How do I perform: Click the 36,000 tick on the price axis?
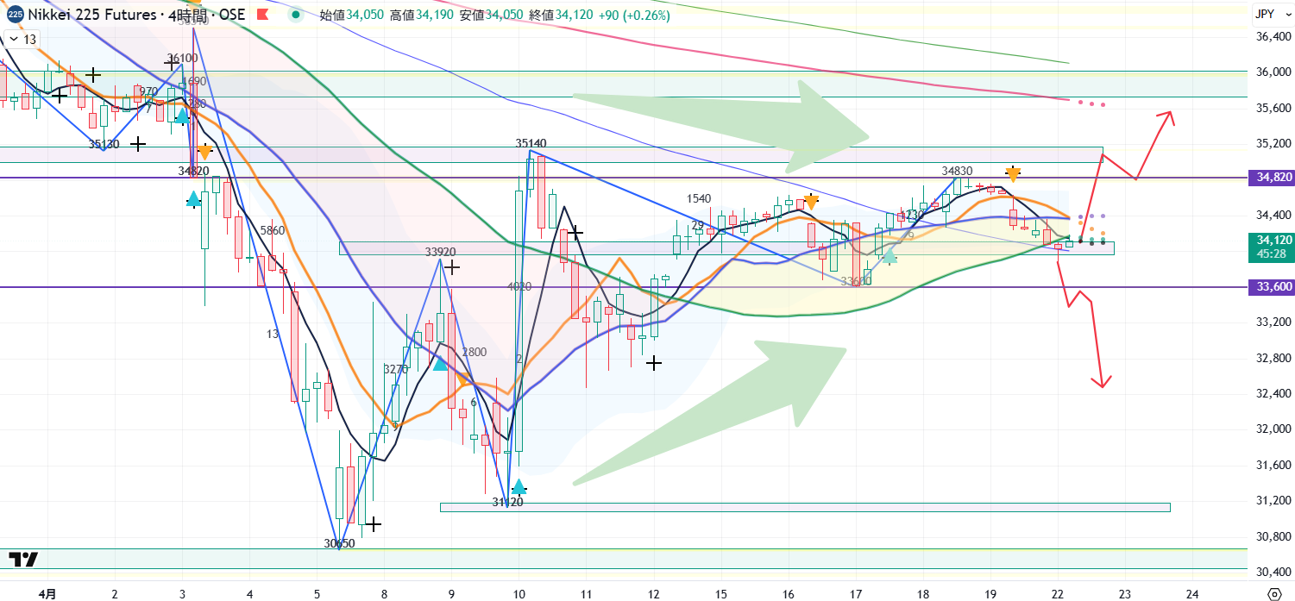click(x=1273, y=72)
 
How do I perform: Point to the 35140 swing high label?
click(x=532, y=143)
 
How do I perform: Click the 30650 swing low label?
click(x=339, y=543)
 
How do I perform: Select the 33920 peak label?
click(x=440, y=253)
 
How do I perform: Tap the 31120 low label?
click(x=507, y=501)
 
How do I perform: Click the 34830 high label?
click(x=958, y=172)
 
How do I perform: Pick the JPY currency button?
click(x=1265, y=14)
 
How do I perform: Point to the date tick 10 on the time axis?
click(x=519, y=593)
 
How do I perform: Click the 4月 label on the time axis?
click(x=48, y=593)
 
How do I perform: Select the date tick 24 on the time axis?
click(x=1191, y=593)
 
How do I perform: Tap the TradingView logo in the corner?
click(x=24, y=559)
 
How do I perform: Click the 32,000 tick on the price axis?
click(x=1273, y=429)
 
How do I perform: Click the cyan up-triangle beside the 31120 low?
click(x=518, y=488)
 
